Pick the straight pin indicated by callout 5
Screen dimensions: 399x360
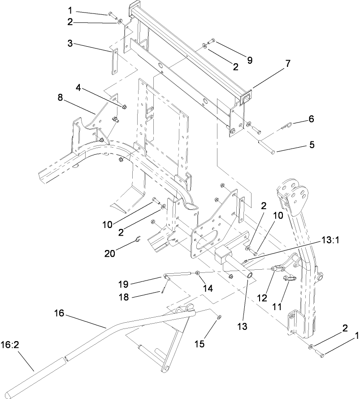tap(265, 146)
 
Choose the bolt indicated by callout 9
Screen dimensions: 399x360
tap(211, 41)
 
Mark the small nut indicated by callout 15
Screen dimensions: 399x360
tap(218, 318)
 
